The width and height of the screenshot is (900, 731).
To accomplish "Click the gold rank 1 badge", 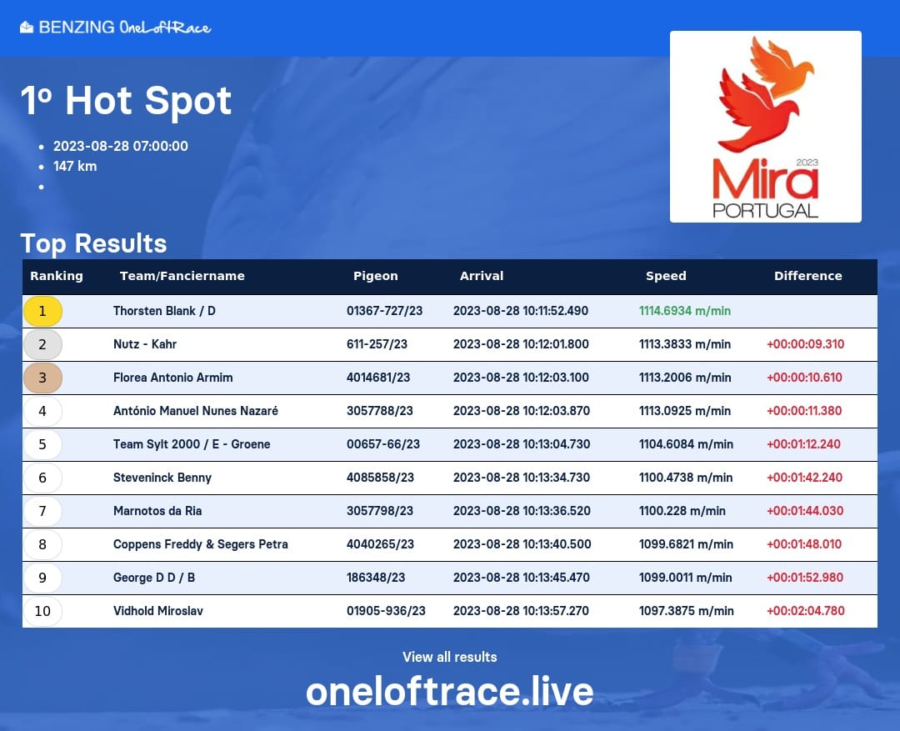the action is (x=42, y=311).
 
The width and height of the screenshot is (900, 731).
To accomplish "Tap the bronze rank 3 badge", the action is (x=42, y=378).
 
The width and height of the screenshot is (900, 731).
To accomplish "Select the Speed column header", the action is (x=666, y=276).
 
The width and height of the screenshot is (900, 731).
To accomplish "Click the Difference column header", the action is (x=807, y=276).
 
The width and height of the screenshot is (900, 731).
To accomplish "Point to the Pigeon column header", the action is (x=375, y=276).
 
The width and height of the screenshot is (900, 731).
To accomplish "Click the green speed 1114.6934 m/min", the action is (x=685, y=311).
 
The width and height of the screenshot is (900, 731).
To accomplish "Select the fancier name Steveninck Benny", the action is (x=162, y=477).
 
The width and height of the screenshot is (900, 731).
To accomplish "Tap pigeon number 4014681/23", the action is (x=378, y=378).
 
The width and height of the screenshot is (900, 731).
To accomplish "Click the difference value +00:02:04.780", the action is (x=805, y=610).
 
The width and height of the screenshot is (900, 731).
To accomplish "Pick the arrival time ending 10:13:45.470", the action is (x=521, y=577).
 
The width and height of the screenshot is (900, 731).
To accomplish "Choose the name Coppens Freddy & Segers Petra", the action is (x=200, y=543).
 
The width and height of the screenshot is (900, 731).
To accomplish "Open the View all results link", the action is (x=450, y=657).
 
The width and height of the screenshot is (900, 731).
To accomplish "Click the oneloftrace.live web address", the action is (x=450, y=691).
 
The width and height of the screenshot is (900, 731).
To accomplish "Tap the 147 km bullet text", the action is (x=75, y=167).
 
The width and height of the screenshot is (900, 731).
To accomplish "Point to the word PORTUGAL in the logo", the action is (x=765, y=210).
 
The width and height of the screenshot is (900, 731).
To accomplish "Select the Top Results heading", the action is (x=93, y=243).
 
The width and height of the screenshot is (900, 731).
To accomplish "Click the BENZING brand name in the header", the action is (x=77, y=27).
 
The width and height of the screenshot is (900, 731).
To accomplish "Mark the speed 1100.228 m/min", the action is (x=682, y=510).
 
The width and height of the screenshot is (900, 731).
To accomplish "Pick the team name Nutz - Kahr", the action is (x=145, y=344).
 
